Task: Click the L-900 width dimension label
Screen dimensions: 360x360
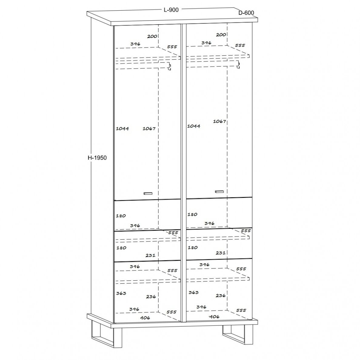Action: [x=171, y=10]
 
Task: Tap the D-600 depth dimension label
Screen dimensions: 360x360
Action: [x=246, y=13]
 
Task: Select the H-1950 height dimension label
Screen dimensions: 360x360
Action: [x=97, y=158]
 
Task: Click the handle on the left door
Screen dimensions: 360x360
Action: [x=148, y=193]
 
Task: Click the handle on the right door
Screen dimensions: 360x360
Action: [x=219, y=192]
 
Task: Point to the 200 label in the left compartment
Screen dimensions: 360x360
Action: [x=152, y=36]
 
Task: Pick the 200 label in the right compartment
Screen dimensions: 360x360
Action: [x=221, y=35]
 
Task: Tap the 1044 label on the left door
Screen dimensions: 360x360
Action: [x=122, y=128]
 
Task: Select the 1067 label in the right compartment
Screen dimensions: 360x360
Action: [x=219, y=121]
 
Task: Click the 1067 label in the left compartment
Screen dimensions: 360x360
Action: [x=149, y=128]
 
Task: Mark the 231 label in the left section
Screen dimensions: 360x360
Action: [x=150, y=255]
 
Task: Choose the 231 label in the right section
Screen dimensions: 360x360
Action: [x=220, y=253]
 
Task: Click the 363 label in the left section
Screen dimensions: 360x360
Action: [x=121, y=293]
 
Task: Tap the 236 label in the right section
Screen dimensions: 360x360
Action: [x=220, y=295]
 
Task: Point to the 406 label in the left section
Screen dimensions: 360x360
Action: [x=145, y=318]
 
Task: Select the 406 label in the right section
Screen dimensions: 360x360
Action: [x=214, y=317]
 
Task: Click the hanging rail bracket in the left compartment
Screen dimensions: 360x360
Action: [x=169, y=66]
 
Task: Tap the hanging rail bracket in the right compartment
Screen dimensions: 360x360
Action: [x=238, y=65]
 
